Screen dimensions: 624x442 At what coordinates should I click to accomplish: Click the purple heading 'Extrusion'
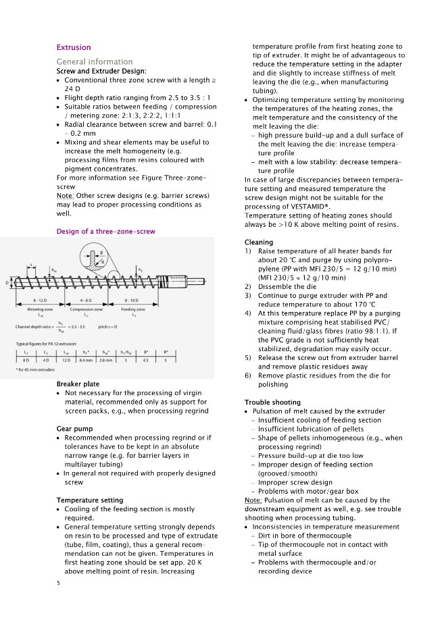(73, 47)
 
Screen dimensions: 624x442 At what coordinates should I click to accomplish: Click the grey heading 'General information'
(94, 61)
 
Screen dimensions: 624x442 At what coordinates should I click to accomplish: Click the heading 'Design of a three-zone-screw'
(105, 232)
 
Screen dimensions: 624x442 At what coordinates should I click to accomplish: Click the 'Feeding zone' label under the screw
(134, 309)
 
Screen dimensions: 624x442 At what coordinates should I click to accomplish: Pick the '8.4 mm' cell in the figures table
(86, 361)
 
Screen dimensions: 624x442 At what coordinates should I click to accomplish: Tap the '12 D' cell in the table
(66, 361)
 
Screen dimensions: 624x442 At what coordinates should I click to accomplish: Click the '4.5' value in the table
(146, 361)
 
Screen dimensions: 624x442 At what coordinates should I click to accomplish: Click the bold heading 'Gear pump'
(74, 429)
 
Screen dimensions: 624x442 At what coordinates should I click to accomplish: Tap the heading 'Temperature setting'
(89, 500)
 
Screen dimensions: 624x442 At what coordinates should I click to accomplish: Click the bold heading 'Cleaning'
(259, 242)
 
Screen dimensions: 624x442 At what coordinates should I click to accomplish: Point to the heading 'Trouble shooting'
(272, 402)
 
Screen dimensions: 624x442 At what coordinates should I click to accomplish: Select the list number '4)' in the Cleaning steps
(248, 313)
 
